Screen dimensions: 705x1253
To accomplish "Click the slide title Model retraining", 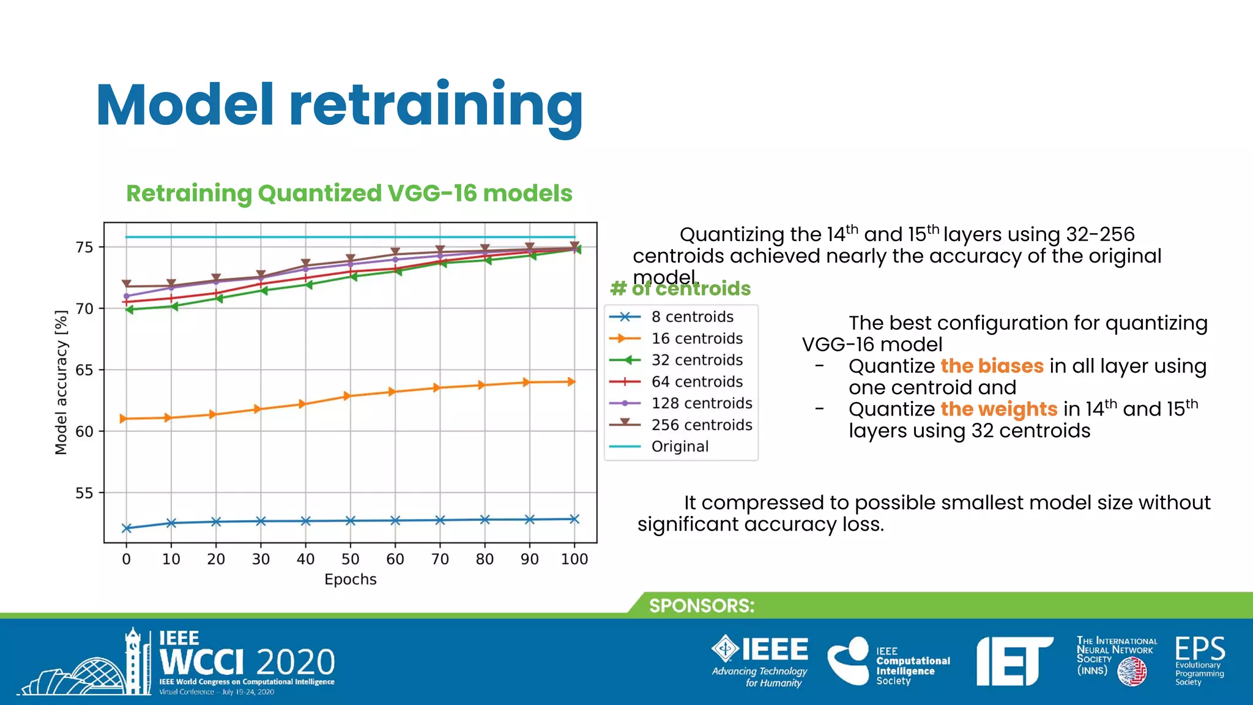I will pos(340,105).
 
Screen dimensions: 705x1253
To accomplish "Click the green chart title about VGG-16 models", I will pos(349,193).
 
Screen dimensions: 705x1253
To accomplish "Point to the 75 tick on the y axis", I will pos(84,247).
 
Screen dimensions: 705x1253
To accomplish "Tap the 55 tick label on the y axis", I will pos(84,493).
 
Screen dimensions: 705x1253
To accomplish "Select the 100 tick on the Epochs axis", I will pos(574,559).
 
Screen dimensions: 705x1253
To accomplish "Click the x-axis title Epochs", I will pos(350,580).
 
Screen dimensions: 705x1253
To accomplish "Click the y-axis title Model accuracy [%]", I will pos(61,382).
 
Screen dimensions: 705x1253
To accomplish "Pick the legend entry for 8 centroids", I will pos(691,317).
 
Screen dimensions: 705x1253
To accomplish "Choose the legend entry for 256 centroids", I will pos(701,425).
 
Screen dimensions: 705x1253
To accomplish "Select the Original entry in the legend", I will pos(679,447).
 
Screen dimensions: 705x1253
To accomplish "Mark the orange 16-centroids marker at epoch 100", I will pos(571,382).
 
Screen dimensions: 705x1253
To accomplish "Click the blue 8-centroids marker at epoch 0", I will pos(127,528).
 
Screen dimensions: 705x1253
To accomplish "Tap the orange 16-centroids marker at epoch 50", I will pos(348,396).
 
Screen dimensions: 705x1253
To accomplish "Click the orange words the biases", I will pos(992,366).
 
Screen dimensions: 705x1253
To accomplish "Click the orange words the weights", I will pos(998,409).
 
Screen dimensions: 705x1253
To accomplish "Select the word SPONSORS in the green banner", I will pos(701,606).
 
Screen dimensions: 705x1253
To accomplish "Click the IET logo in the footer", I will pos(1013,662).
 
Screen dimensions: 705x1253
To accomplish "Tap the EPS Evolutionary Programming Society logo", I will pos(1199,661).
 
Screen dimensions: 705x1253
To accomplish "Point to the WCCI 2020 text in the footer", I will pos(247,662).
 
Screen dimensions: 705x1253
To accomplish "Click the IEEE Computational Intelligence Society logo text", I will pos(912,666).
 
